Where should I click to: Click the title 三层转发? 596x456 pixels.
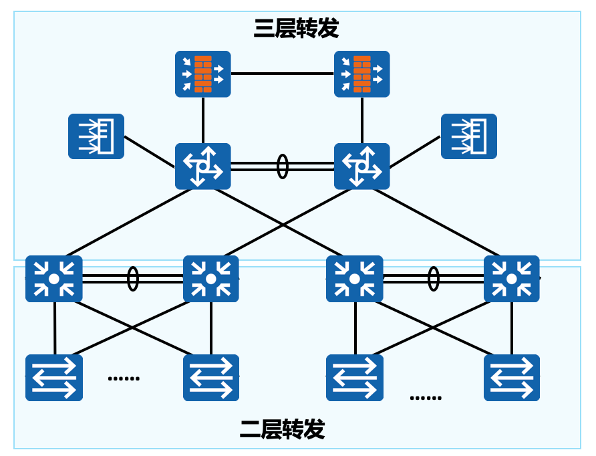(x=296, y=28)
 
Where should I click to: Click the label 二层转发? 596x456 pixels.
(x=283, y=429)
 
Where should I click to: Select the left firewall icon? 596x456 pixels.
(x=203, y=74)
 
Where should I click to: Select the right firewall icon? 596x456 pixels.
(x=362, y=74)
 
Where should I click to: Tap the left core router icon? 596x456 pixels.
(x=203, y=166)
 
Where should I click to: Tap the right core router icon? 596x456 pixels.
(x=362, y=166)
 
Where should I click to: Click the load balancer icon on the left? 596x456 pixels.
(x=96, y=136)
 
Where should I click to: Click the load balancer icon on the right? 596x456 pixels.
(x=469, y=136)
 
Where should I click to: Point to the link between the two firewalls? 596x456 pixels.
(x=283, y=74)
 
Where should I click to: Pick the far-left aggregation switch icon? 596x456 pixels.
(x=54, y=279)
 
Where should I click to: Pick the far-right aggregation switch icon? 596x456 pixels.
(x=512, y=279)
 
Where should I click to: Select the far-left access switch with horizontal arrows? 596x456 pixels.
(x=54, y=378)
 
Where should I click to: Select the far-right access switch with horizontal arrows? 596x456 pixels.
(x=512, y=378)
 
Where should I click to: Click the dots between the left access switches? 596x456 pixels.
(x=124, y=378)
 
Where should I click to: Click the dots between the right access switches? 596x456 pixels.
(x=426, y=398)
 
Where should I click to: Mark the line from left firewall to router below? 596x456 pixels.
(x=203, y=120)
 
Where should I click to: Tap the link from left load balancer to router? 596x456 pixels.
(x=150, y=151)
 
